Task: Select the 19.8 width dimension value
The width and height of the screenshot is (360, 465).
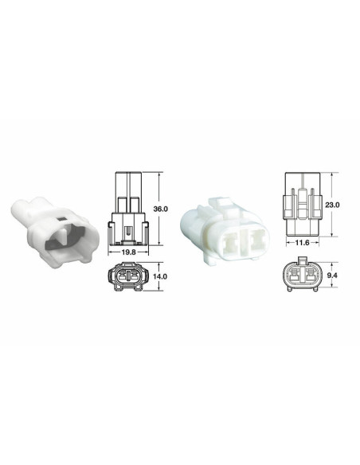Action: (x=129, y=253)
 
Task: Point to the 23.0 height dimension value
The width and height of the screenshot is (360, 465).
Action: (x=333, y=205)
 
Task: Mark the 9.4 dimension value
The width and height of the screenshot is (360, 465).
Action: (x=333, y=275)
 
